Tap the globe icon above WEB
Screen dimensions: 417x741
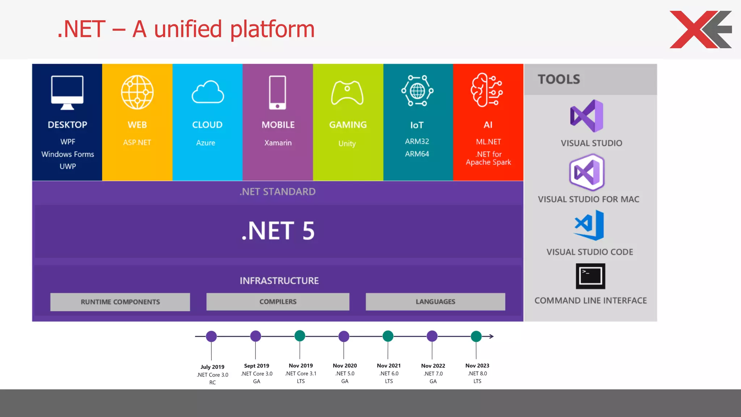point(137,92)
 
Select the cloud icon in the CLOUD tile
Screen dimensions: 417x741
point(208,92)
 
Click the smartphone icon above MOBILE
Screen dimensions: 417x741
point(278,93)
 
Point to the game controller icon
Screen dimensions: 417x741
point(347,93)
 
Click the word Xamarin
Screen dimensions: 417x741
point(278,143)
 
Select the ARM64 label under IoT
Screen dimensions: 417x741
point(417,154)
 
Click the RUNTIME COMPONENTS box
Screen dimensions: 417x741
point(120,302)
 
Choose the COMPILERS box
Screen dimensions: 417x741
point(278,302)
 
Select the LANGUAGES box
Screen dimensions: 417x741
point(435,302)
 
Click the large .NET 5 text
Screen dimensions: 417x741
point(278,231)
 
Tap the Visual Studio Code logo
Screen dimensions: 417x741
point(589,225)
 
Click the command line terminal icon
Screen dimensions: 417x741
point(590,276)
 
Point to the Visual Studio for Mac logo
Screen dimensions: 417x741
point(587,172)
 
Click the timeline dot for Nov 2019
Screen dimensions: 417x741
point(300,336)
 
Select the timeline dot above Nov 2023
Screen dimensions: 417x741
point(476,336)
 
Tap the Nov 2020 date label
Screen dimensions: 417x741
point(345,366)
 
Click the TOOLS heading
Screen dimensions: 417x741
point(559,79)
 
